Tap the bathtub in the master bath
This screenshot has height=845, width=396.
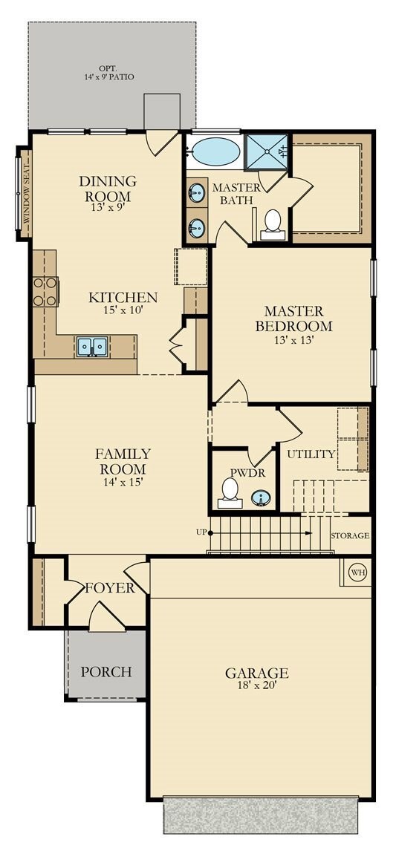point(215,153)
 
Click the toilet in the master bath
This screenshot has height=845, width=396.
point(273,223)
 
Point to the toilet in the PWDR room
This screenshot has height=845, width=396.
point(230,492)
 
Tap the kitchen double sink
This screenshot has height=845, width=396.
point(91,346)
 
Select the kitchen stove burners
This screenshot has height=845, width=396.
point(45,291)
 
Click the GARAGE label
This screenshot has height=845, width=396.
point(256,673)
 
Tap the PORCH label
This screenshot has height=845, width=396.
point(106,672)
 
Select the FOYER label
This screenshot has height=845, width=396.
point(109,588)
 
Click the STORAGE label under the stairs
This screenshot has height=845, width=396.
point(350,535)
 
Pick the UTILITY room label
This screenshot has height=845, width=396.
point(311,454)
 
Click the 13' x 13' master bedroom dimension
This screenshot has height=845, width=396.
point(293,340)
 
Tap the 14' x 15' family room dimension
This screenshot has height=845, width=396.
point(123,481)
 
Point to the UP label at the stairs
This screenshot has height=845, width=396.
point(201,532)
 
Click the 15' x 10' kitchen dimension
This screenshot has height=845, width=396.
point(123,310)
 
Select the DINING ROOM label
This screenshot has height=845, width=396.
point(108,189)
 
